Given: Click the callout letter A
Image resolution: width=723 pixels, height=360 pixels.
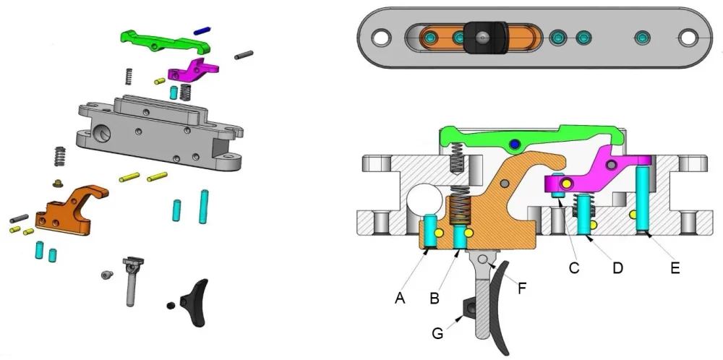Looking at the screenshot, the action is (400, 299).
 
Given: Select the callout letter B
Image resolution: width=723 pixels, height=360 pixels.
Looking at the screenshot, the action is (434, 299).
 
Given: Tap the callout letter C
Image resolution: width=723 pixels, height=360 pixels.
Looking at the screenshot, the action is (573, 267).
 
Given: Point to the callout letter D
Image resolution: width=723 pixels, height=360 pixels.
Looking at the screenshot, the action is (617, 267).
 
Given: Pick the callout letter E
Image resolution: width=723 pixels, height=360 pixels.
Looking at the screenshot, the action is (675, 267).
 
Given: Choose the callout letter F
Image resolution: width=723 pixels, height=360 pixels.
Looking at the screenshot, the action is (521, 289).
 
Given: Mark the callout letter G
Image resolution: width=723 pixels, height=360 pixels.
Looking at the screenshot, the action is (437, 333).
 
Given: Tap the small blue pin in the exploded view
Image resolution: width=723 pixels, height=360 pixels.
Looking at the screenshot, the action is (202, 30).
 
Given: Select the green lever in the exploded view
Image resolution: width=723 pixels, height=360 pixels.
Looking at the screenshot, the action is (165, 41).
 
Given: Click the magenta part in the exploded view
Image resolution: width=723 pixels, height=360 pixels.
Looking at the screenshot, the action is (193, 70).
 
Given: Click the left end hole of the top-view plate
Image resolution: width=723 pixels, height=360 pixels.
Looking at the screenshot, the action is (381, 38).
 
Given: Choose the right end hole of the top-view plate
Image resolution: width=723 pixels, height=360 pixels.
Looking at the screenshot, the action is (688, 38).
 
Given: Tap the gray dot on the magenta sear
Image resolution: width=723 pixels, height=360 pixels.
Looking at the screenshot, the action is (612, 164).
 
